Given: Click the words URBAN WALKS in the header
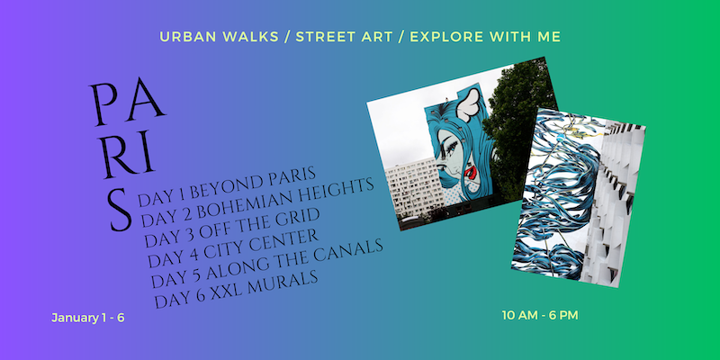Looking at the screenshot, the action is tap(219, 37).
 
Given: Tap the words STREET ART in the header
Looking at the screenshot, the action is tap(344, 37).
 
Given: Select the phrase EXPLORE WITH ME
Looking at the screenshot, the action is tap(485, 37).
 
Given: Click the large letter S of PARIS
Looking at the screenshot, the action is tap(121, 209).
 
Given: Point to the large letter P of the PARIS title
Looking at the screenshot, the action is tap(105, 104).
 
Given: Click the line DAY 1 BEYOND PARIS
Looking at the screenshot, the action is tap(228, 186).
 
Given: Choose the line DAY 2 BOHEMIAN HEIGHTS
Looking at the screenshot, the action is tap(257, 202).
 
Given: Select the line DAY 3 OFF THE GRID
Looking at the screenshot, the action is tap(232, 228).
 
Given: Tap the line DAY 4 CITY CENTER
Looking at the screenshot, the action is tap(233, 248).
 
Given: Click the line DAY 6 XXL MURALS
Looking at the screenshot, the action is tap(237, 289).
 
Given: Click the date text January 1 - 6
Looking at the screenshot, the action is tap(87, 318).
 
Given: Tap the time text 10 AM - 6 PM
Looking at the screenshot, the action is tap(540, 316).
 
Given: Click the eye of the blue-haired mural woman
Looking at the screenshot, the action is tap(451, 143).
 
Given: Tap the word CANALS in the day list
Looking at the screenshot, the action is tap(350, 254).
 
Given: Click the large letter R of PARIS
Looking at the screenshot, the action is tap(118, 156).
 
